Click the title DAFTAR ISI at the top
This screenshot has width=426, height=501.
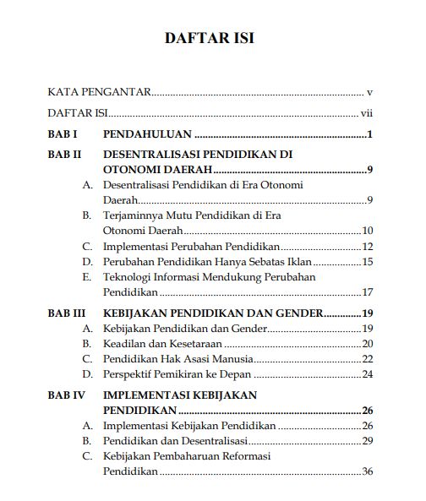tap(209, 39)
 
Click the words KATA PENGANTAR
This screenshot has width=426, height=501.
tap(99, 90)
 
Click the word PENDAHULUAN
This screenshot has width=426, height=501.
tap(147, 134)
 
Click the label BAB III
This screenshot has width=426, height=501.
tap(67, 313)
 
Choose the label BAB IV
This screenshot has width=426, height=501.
tap(67, 395)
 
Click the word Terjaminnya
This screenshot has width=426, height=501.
tap(132, 215)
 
